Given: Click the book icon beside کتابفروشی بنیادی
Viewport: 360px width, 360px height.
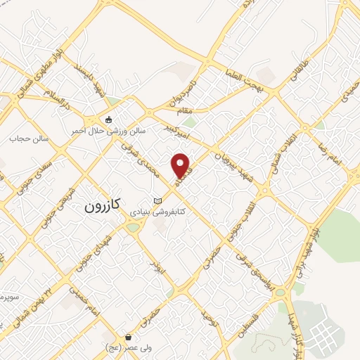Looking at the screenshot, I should coord(167,201).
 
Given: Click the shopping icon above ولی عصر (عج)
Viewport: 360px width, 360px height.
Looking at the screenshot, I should coord(127,336).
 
